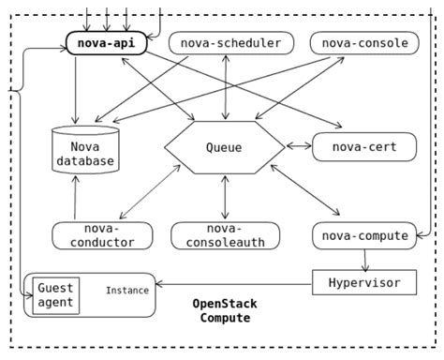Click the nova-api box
click(x=106, y=43)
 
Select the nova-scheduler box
click(x=230, y=43)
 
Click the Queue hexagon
click(x=223, y=147)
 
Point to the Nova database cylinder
click(x=84, y=153)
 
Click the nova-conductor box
click(x=102, y=235)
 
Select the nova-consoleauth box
click(x=225, y=235)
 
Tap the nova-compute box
click(x=363, y=235)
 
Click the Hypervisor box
click(x=363, y=281)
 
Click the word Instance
click(x=126, y=291)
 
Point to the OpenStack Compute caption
click(x=225, y=311)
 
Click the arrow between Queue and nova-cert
click(x=297, y=146)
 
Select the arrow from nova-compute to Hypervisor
click(x=363, y=258)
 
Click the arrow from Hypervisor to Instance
click(x=234, y=281)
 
